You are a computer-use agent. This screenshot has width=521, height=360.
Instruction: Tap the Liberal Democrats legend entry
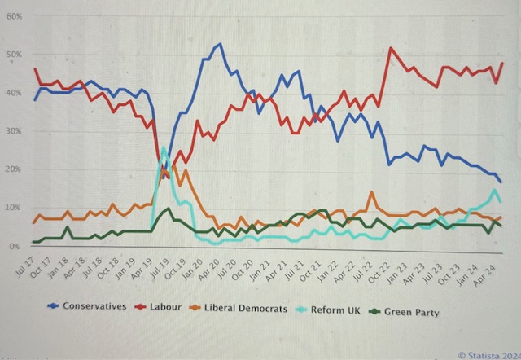pyautogui.click(x=244, y=306)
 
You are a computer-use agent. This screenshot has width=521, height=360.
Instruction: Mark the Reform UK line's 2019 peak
pyautogui.click(x=164, y=147)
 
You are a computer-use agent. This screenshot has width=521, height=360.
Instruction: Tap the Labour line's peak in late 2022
pyautogui.click(x=392, y=48)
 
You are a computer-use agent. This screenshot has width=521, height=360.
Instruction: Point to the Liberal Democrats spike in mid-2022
pyautogui.click(x=371, y=193)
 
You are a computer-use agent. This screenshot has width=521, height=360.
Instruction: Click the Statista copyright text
pyautogui.click(x=488, y=354)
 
